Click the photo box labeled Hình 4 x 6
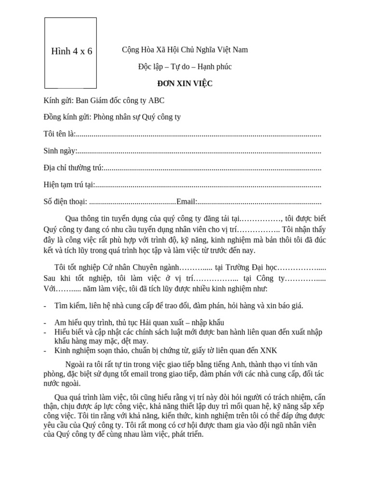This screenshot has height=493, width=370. [71, 52]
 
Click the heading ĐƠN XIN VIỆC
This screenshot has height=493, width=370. [185, 83]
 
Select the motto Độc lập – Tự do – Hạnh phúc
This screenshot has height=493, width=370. [185, 66]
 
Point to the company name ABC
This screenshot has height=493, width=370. [157, 100]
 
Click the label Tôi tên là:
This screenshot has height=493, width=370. [59, 134]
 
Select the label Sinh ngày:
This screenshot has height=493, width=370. [60, 151]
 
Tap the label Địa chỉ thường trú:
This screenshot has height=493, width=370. [73, 168]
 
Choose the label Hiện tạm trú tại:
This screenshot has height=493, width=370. [69, 184]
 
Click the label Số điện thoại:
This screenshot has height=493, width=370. [65, 202]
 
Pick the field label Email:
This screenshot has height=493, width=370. [186, 202]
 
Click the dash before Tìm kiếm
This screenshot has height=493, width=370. [45, 306]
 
